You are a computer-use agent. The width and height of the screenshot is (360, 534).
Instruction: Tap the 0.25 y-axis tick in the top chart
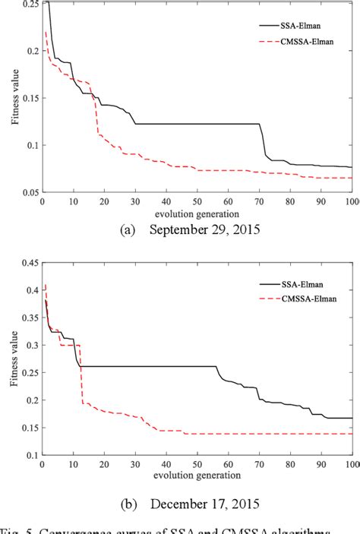(x=28, y=5)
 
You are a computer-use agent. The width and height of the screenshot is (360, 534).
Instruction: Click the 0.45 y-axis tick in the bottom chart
(x=28, y=264)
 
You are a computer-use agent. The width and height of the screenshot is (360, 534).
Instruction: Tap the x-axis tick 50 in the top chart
(x=197, y=202)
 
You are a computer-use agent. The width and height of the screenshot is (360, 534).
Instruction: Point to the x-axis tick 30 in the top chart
(x=135, y=202)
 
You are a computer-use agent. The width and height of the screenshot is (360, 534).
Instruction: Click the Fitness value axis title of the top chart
(x=12, y=99)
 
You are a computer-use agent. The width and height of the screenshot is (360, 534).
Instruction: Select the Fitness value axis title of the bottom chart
(x=12, y=359)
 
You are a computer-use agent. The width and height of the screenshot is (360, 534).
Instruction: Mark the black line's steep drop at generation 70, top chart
(x=263, y=141)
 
